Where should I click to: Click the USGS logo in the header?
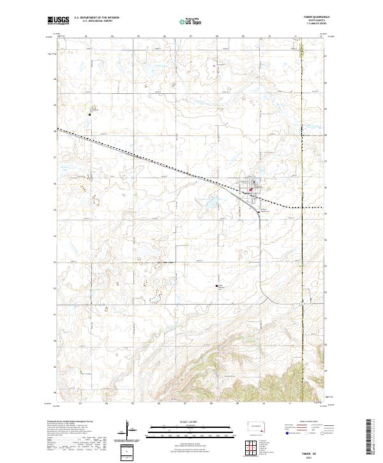pyautogui.click(x=57, y=21)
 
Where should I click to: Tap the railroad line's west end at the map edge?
pyautogui.click(x=57, y=129)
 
